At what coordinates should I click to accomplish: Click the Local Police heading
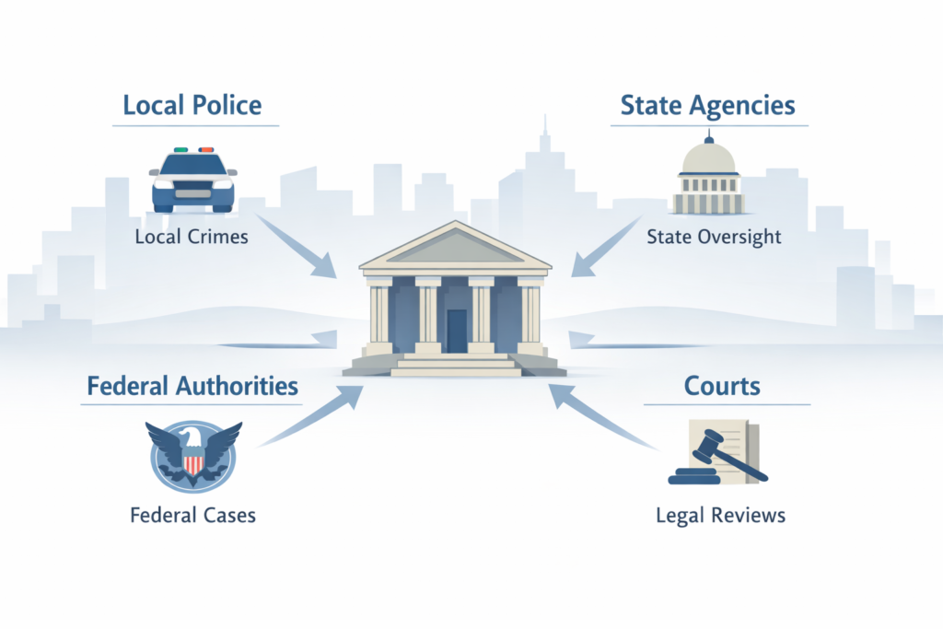(x=192, y=105)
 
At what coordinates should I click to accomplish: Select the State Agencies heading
(x=707, y=105)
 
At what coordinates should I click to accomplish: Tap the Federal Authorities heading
(x=192, y=385)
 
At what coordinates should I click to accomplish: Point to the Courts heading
(x=722, y=385)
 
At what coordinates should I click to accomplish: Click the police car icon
(x=192, y=180)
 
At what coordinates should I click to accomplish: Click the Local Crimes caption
(x=192, y=237)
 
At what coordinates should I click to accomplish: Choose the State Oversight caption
(x=714, y=237)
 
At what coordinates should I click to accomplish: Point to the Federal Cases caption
(x=192, y=514)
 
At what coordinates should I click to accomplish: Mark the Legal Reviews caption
(x=720, y=514)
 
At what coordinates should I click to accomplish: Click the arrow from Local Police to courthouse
(x=299, y=244)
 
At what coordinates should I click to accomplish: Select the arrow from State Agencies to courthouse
(x=609, y=244)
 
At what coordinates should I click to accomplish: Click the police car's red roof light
(x=206, y=149)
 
